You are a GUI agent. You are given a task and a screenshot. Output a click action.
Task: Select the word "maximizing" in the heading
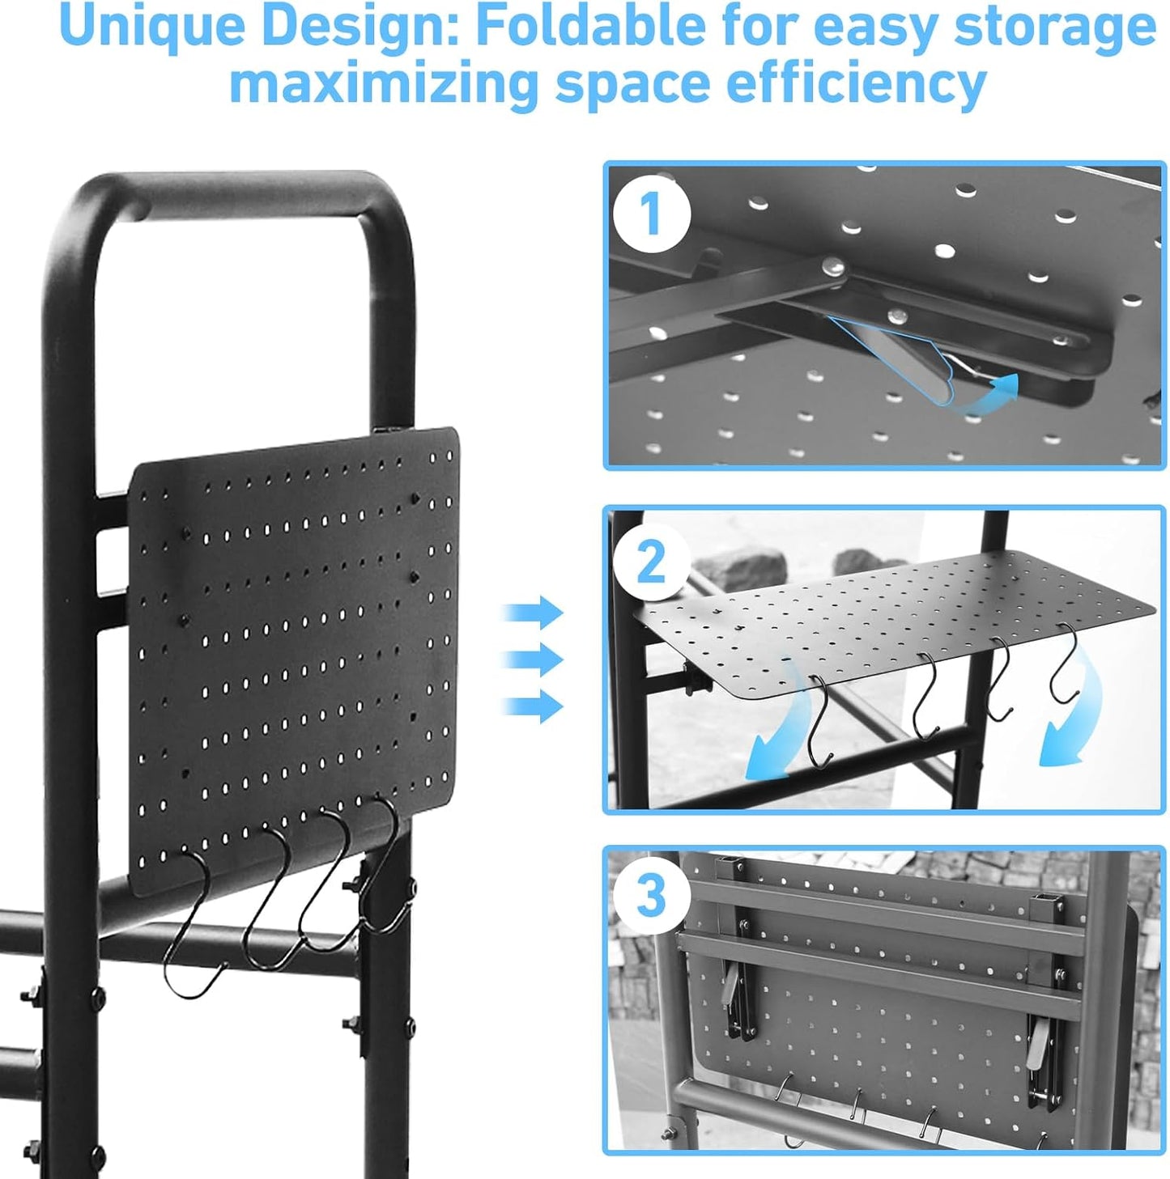[x=383, y=83]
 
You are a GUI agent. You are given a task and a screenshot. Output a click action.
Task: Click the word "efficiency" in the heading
[x=856, y=83]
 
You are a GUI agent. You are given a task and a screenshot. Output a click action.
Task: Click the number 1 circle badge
[x=651, y=214]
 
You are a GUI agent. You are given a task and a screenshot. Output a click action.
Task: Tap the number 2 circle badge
[x=651, y=561]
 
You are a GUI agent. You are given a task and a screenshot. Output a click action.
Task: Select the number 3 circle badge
[x=651, y=897]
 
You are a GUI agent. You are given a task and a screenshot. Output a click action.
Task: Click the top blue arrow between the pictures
[x=534, y=612]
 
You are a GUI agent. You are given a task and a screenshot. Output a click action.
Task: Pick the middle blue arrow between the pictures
[x=534, y=659]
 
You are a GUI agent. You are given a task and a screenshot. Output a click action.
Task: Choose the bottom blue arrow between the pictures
[x=534, y=706]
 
